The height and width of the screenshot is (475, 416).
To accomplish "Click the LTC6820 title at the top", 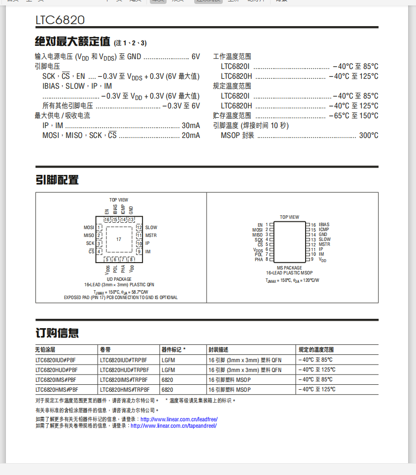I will pos(60,20).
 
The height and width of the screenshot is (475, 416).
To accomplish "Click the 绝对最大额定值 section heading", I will pos(72,41).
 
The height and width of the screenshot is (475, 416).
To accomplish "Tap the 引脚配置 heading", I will pos(57,180).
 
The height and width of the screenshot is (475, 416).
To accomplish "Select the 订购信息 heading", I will pos(57,333).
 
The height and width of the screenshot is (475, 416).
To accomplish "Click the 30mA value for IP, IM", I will pos(191,126).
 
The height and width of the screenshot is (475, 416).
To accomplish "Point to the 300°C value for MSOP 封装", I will pos(369,136).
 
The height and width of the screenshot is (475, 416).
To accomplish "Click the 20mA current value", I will pos(191,136).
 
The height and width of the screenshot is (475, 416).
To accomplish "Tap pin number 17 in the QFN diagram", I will pos(119,239).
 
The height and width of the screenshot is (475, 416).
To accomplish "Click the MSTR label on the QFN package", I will pos(151,236).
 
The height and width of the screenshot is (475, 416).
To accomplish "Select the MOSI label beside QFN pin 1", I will pos(89,228).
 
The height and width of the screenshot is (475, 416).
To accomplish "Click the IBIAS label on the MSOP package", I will pos(324,225).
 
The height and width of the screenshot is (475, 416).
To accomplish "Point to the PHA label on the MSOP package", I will pos(259,259).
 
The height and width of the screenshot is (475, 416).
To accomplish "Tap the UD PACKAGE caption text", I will pos(119,279).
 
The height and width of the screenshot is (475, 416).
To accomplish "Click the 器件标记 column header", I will pos(173,350).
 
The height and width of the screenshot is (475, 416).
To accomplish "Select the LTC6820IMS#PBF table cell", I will pos(56,380).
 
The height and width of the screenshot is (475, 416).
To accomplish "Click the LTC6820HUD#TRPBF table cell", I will pos(125,370).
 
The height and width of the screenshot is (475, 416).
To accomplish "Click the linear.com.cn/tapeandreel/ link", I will pos(173,426).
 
